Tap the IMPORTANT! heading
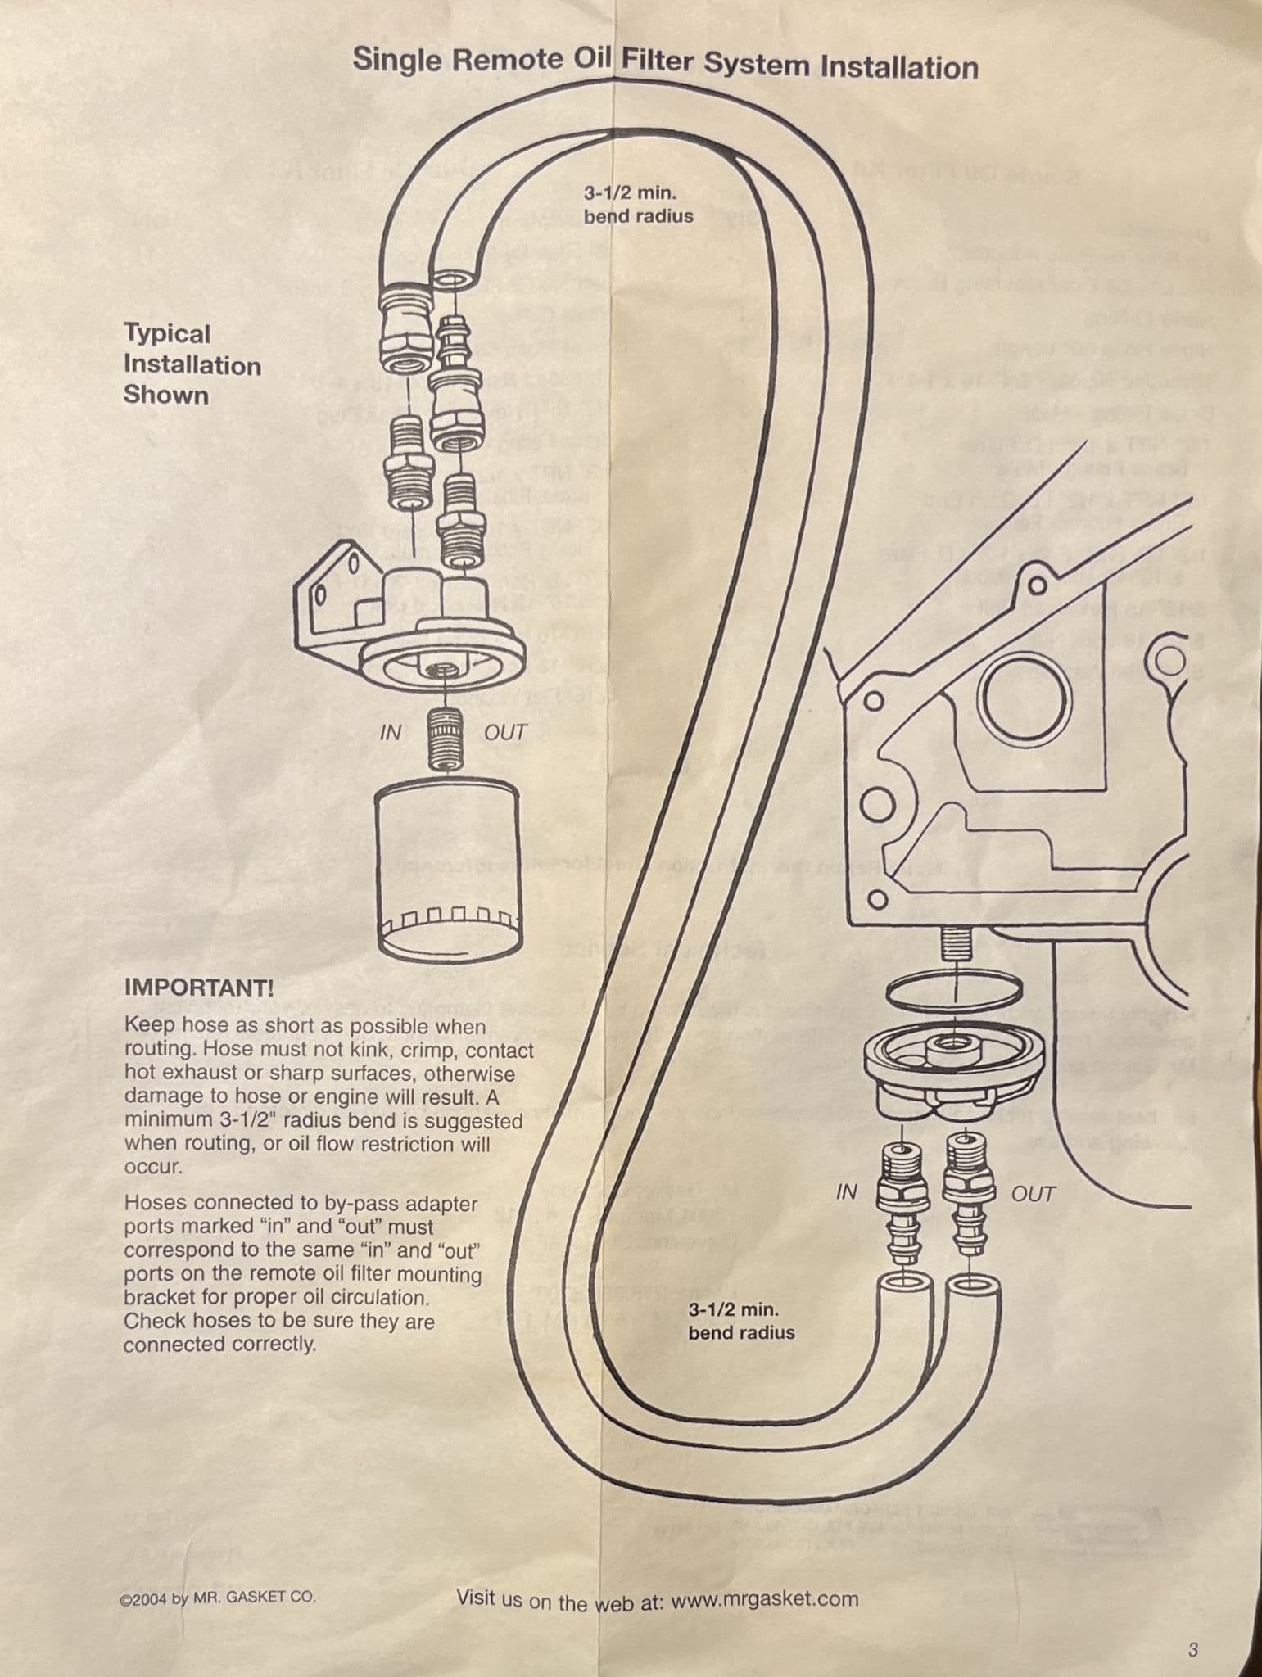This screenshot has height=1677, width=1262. [199, 988]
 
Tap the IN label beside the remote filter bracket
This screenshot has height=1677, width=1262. [391, 733]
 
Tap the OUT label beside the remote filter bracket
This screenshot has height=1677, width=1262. [505, 733]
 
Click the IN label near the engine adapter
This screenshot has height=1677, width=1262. [846, 1193]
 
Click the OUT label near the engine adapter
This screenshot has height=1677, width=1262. [1034, 1195]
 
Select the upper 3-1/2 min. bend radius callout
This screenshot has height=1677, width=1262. [637, 205]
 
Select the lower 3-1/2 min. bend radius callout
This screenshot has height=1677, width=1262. [740, 1321]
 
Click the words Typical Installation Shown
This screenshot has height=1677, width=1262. [192, 364]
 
